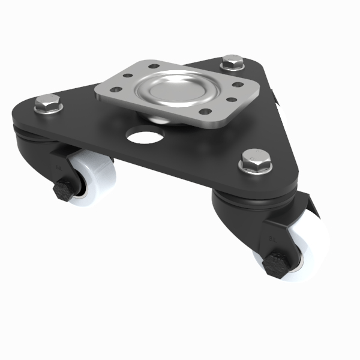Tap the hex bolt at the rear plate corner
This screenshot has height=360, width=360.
click(232, 62)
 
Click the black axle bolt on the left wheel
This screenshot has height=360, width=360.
click(64, 191)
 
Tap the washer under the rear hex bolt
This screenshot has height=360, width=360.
click(232, 68)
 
